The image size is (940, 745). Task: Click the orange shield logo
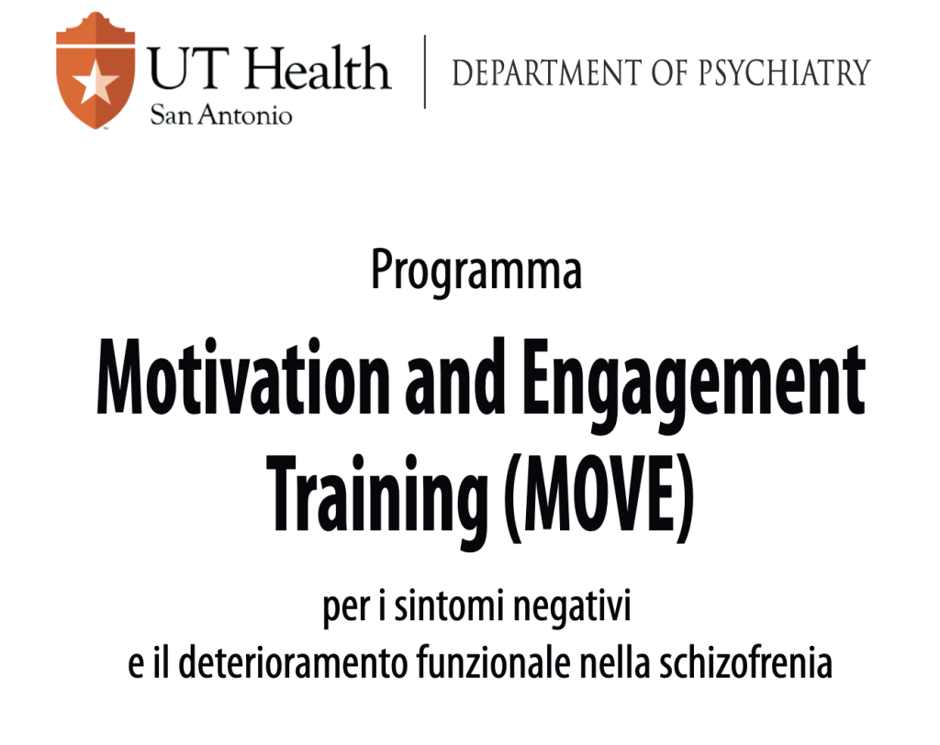tap(95, 71)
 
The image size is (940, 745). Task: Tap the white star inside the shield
tap(95, 81)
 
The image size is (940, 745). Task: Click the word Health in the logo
tap(319, 68)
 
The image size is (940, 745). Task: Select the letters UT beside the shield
tap(188, 68)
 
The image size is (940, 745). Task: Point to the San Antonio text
tap(221, 114)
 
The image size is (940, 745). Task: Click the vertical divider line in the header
tap(425, 72)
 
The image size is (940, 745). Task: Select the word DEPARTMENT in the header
tap(547, 72)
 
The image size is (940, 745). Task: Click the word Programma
tap(476, 271)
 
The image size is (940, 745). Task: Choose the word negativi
tap(573, 606)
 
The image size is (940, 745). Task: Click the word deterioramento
tap(293, 662)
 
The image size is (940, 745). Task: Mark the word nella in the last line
tap(615, 662)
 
